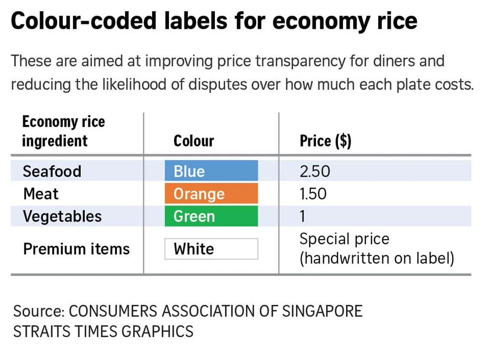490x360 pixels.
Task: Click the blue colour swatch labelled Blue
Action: point(211,171)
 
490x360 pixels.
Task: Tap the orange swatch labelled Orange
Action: point(211,194)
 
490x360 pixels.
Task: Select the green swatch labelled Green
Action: point(211,216)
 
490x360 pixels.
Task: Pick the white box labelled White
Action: point(211,249)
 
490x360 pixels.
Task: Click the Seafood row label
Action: point(52,171)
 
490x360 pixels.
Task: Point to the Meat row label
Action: point(40,194)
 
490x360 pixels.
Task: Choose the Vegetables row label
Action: point(62,216)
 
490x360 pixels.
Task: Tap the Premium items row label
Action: point(76,249)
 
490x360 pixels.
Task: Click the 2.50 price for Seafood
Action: point(315,171)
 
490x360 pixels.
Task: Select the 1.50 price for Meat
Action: point(313,194)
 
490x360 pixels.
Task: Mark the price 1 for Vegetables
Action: point(303,216)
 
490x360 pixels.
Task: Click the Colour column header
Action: point(193,141)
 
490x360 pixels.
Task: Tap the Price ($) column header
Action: point(325,141)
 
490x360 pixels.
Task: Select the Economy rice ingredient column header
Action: point(63,131)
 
